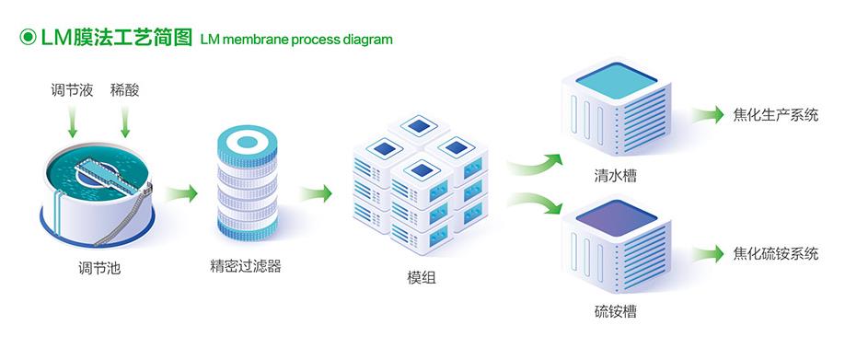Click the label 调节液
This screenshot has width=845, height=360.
[72, 90]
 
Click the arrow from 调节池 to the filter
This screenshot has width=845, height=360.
[181, 194]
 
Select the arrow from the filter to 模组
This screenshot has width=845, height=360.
[316, 194]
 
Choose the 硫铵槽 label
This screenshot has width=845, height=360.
[615, 311]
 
